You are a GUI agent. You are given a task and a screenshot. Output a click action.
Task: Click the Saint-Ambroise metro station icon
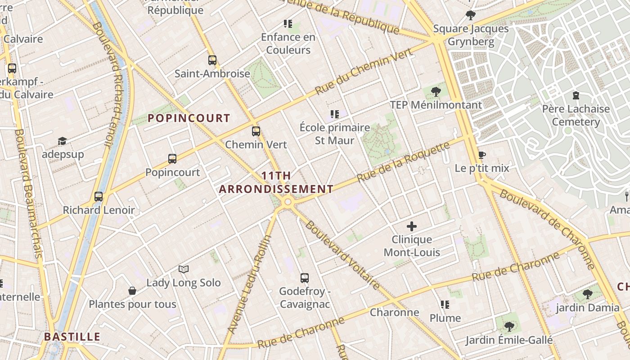(212, 60)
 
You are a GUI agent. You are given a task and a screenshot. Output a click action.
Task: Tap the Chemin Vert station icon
(256, 131)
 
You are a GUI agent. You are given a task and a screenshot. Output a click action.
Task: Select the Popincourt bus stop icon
(172, 158)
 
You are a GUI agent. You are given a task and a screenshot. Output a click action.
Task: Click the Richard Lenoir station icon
(99, 197)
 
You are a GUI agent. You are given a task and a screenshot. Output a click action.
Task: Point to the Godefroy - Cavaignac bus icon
(305, 278)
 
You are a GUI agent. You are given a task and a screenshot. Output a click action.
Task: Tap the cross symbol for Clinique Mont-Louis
(412, 226)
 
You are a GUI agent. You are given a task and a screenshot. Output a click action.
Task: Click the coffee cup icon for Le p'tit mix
(482, 155)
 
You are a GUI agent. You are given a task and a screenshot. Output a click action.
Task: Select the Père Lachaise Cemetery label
(576, 115)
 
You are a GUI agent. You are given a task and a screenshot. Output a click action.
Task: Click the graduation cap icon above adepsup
(62, 141)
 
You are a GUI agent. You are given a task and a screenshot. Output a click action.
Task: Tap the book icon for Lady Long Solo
(183, 270)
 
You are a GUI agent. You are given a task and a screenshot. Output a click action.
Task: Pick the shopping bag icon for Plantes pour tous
(132, 291)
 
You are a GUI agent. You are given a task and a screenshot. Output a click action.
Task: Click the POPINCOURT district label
(189, 118)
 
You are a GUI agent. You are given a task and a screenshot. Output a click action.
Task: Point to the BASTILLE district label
(72, 337)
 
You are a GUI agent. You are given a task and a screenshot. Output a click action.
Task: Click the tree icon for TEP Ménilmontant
(436, 92)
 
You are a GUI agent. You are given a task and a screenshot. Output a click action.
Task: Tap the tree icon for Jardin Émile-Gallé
(509, 326)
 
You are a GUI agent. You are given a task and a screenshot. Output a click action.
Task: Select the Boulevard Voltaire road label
(342, 254)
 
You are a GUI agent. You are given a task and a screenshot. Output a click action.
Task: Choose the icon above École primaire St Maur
(334, 114)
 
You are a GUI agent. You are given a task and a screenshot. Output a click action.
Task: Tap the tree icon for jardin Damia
(587, 294)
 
